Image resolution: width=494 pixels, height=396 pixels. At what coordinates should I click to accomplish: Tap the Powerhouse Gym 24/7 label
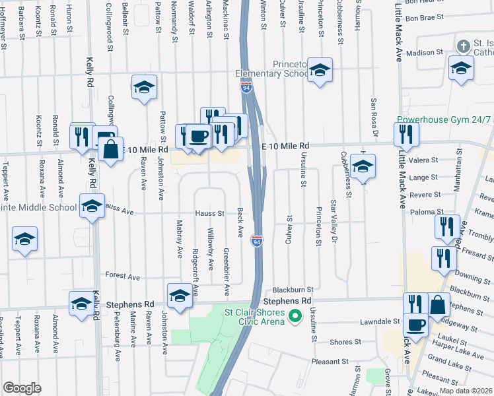444,120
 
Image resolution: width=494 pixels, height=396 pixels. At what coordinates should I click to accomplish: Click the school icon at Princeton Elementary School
320,70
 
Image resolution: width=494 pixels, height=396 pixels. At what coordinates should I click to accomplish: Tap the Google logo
22,388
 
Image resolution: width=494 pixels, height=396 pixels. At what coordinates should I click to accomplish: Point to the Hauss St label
211,213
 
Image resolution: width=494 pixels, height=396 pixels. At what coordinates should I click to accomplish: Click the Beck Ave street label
241,225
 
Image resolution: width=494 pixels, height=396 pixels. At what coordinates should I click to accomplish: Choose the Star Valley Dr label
334,223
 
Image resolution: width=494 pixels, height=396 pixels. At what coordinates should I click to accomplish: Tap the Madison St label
424,52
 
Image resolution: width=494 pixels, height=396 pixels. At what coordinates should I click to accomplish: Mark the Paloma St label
425,211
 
